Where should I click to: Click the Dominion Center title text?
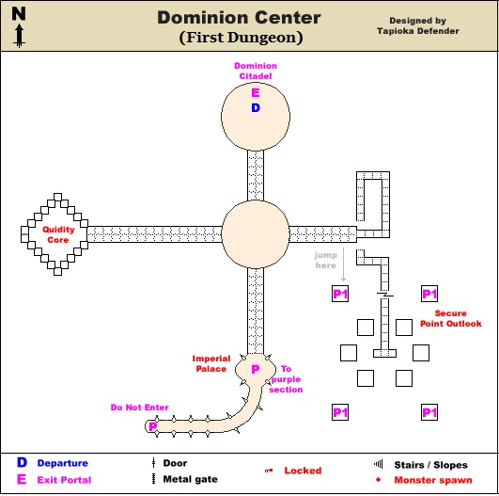click(x=239, y=18)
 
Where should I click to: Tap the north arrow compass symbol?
click(x=19, y=27)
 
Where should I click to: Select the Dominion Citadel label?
click(x=256, y=71)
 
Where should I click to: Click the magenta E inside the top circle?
click(x=256, y=93)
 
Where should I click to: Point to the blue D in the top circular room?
click(x=256, y=108)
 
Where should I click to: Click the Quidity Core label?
click(x=58, y=234)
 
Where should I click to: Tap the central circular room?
click(x=256, y=234)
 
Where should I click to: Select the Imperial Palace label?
click(x=211, y=363)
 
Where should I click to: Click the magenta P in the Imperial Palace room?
click(x=256, y=369)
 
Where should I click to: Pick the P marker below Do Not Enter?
click(x=153, y=426)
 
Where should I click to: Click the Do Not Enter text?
click(x=139, y=408)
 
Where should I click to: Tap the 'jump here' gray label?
click(x=325, y=260)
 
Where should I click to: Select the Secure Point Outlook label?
click(x=451, y=318)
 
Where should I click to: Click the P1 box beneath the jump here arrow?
click(x=340, y=294)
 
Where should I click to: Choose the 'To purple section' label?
click(x=286, y=379)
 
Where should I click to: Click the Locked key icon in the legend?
click(x=269, y=471)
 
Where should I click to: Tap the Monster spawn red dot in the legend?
click(x=378, y=479)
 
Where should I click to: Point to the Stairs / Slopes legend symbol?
click(x=378, y=464)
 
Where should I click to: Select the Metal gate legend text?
click(x=191, y=479)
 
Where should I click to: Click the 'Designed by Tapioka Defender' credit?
click(x=418, y=25)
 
